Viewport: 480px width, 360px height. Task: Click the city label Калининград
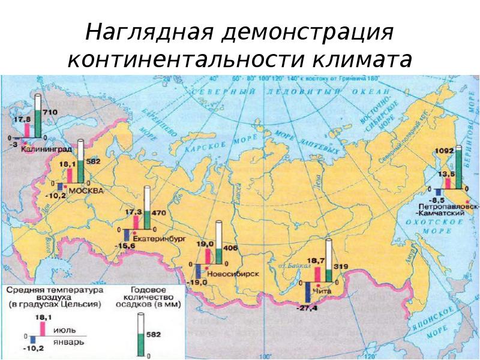(44, 148)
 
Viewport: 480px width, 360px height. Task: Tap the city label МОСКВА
(86, 190)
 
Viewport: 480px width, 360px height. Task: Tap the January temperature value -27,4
(307, 307)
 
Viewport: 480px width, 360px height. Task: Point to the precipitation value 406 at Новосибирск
(232, 248)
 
